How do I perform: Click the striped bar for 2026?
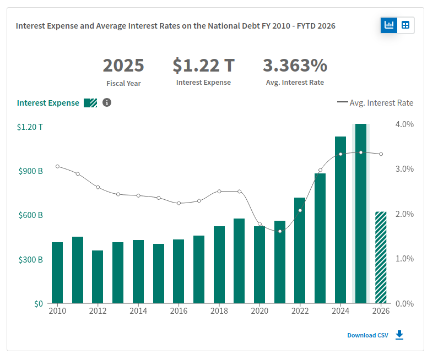pyautogui.click(x=381, y=257)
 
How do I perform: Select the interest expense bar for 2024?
pyautogui.click(x=340, y=220)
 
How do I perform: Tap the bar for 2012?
pyautogui.click(x=98, y=277)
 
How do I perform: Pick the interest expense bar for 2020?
pyautogui.click(x=259, y=265)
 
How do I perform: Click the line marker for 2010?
pyautogui.click(x=57, y=166)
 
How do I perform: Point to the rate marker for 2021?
pyautogui.click(x=280, y=231)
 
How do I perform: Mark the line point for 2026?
pyautogui.click(x=381, y=154)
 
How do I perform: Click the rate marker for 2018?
pyautogui.click(x=219, y=192)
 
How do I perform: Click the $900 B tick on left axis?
pyautogui.click(x=31, y=171)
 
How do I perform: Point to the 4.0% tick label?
pyautogui.click(x=404, y=124)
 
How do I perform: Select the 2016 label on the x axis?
pyautogui.click(x=179, y=311)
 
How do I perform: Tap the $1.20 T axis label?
pyautogui.click(x=30, y=127)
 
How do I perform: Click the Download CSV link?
pyautogui.click(x=367, y=335)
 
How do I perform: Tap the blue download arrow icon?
pyautogui.click(x=399, y=335)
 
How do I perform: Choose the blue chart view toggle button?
pyautogui.click(x=389, y=25)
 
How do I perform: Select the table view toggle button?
pyautogui.click(x=405, y=25)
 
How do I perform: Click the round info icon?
pyautogui.click(x=107, y=103)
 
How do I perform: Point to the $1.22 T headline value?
pyautogui.click(x=204, y=66)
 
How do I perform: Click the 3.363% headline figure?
pyautogui.click(x=295, y=66)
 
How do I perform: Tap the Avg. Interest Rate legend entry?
pyautogui.click(x=375, y=103)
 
